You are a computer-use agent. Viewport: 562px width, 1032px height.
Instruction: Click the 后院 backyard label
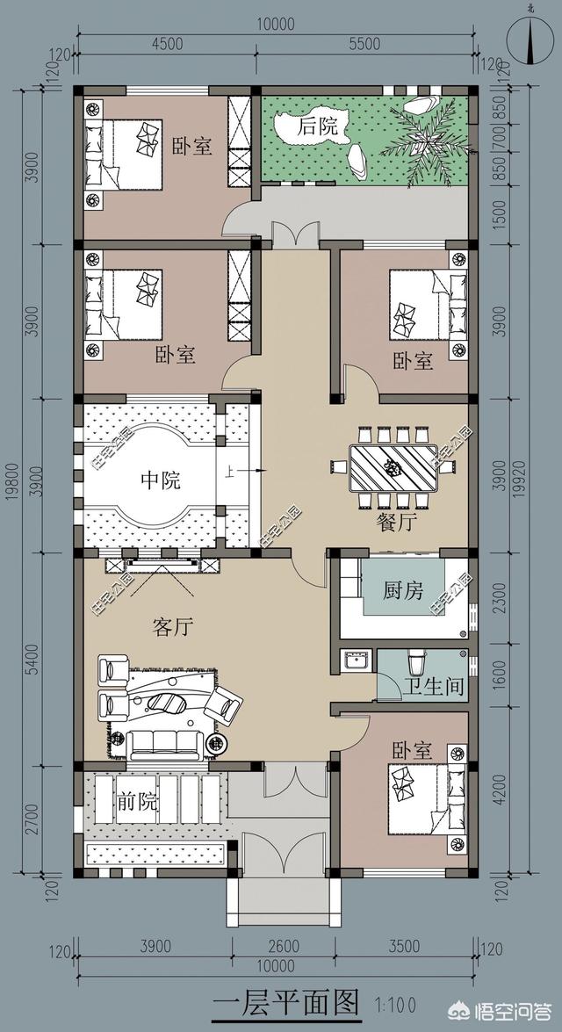tap(318, 126)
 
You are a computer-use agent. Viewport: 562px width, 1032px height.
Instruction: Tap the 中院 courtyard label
tap(161, 480)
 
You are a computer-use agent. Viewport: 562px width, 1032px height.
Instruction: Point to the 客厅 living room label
tap(173, 627)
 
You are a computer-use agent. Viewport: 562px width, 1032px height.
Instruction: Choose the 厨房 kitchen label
tap(403, 591)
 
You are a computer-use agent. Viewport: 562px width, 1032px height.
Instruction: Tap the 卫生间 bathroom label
tap(434, 687)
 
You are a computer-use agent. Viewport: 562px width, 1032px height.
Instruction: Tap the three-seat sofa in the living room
tap(164, 742)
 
